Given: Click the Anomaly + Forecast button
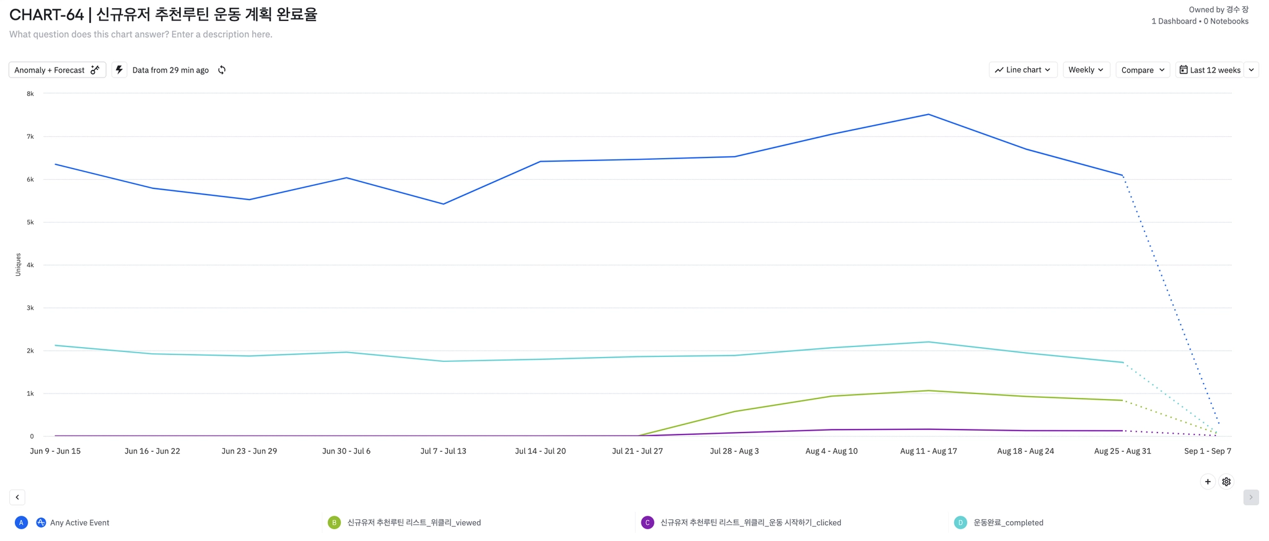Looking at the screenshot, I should (x=57, y=70).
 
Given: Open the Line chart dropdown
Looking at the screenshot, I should (x=1022, y=70).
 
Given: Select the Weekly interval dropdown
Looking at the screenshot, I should (x=1086, y=70).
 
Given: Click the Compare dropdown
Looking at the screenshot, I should (x=1143, y=70).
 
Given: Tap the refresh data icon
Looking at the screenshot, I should (x=222, y=70).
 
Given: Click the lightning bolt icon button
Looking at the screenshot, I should (x=119, y=70).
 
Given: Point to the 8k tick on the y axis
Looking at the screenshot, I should (x=30, y=94).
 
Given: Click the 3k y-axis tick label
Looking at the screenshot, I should (x=30, y=308).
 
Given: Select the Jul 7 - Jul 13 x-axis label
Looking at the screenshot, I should (x=443, y=451).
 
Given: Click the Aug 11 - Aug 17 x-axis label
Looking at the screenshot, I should (x=928, y=451).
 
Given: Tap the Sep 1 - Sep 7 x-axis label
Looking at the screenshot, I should (x=1207, y=451).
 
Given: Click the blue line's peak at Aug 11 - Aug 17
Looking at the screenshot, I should (x=928, y=115).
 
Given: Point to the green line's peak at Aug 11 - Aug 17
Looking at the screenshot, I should (x=928, y=391).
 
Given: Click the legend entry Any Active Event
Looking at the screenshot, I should (x=79, y=523).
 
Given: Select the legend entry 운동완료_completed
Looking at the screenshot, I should (x=1008, y=523).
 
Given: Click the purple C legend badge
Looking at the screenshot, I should (x=648, y=523).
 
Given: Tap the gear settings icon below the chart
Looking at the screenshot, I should (x=1226, y=482).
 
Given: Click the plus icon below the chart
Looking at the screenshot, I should (x=1208, y=482).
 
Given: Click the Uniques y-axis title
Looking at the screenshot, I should (x=18, y=265).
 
